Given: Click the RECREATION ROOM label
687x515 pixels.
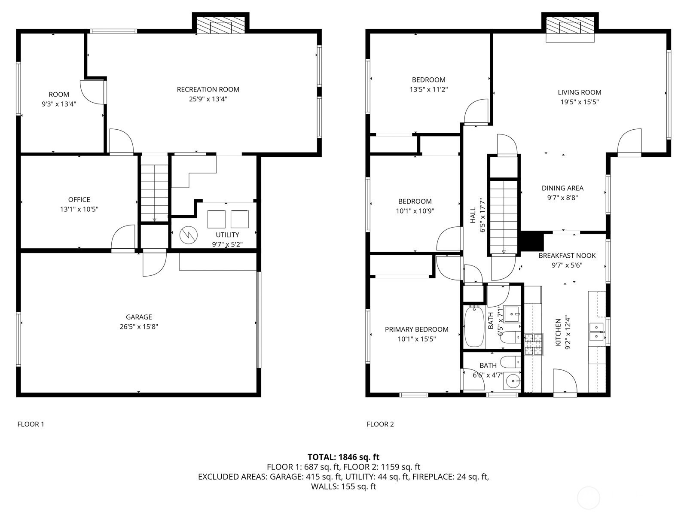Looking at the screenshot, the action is (x=208, y=89).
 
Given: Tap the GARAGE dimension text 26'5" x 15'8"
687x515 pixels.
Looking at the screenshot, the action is (x=139, y=326).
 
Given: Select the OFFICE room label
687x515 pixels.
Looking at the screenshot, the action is (x=79, y=200).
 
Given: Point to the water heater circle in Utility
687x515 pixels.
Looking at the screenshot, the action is (x=189, y=235).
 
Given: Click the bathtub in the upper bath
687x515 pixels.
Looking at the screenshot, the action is (x=474, y=326).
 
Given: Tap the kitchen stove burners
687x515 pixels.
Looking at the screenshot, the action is (x=534, y=344).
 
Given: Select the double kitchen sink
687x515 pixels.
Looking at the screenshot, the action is (x=597, y=332).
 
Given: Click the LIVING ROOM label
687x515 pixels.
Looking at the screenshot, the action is (x=579, y=92).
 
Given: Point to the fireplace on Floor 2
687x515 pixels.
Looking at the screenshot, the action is (x=570, y=25).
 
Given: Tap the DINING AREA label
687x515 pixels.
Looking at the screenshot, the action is (x=562, y=188).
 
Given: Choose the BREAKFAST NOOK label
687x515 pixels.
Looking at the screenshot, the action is (x=567, y=256).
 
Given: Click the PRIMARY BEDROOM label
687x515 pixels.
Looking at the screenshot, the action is (x=417, y=329).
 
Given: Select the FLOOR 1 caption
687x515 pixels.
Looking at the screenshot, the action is (x=31, y=424).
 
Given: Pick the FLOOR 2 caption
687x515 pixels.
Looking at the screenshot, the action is (x=380, y=424).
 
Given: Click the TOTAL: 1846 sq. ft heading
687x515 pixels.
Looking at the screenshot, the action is (x=343, y=457).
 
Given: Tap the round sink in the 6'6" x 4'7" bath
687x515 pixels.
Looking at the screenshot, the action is (x=513, y=382).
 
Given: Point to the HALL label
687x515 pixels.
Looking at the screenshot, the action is (x=473, y=215).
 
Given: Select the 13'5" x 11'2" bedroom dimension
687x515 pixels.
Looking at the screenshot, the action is (x=428, y=89).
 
